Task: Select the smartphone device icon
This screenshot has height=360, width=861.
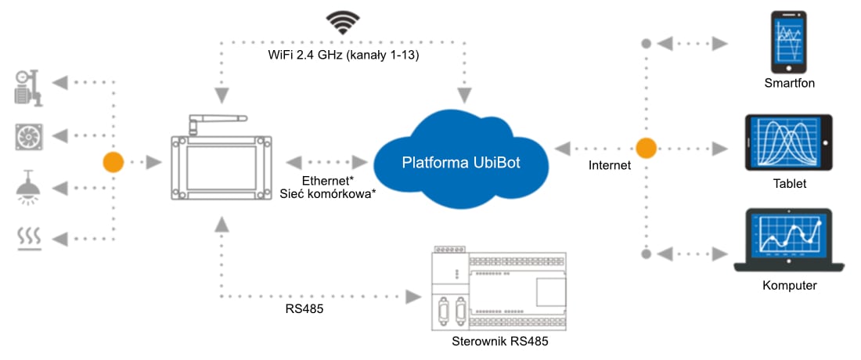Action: [x=789, y=42]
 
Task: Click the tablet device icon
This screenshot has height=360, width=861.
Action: [x=788, y=142]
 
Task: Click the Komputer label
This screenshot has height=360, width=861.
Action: [x=789, y=286]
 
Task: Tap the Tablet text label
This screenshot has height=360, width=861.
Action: [x=788, y=184]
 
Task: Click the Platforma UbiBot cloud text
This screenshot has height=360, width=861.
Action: [x=461, y=163]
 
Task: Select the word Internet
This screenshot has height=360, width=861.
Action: [x=609, y=166]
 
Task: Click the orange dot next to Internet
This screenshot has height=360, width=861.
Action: [x=646, y=147]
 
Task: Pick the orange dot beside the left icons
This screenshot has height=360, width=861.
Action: [x=113, y=163]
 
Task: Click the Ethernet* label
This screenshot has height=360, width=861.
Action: [x=328, y=181]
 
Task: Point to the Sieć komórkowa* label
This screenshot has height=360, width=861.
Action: [x=327, y=195]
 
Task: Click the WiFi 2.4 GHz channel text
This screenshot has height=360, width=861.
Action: [x=344, y=56]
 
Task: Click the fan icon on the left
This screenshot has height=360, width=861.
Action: [x=30, y=135]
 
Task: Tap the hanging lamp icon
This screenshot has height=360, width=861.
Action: [x=29, y=188]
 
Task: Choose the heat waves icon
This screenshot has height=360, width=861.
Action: [x=30, y=239]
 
